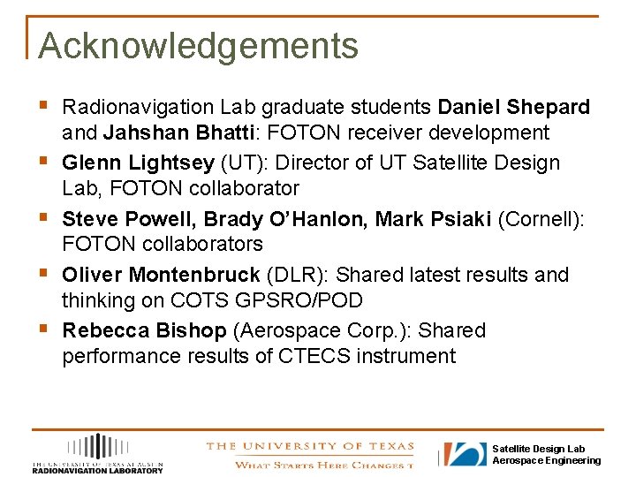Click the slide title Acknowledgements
198,46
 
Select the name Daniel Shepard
513,108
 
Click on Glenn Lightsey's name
139,163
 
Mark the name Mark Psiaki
434,219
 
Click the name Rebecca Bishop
144,331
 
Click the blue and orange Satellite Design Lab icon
465,454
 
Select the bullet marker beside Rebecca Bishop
44,329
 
